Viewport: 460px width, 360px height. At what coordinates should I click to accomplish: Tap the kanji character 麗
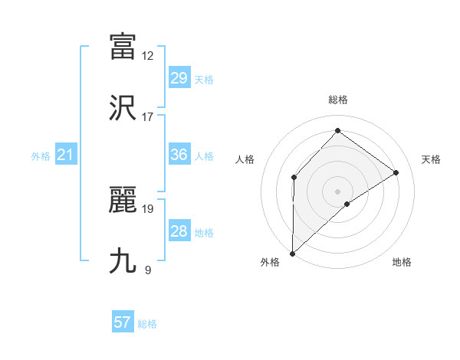point(123,198)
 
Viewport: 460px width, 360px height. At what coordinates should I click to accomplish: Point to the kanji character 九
point(123,260)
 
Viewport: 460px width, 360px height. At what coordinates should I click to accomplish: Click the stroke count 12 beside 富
point(148,55)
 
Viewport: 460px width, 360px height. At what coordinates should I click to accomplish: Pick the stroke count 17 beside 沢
point(148,117)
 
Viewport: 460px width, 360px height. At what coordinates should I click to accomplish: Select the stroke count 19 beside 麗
point(148,208)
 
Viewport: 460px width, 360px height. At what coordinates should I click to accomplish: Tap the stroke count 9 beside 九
point(148,270)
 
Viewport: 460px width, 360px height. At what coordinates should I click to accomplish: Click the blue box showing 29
point(179,78)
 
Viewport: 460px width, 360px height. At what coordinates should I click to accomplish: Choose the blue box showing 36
point(179,155)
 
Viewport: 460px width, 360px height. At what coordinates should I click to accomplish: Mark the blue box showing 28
point(179,231)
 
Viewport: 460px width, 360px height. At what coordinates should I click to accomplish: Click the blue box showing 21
point(66,155)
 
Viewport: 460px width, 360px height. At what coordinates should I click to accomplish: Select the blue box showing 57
point(123,322)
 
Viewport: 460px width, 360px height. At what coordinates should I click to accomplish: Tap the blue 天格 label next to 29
point(204,79)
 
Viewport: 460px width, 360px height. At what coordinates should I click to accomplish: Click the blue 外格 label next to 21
point(41,156)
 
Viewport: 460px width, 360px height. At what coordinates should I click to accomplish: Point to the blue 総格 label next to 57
point(147,324)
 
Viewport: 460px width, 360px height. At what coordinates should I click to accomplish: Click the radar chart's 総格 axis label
point(338,100)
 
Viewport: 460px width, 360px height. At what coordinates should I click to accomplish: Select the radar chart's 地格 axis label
point(402,263)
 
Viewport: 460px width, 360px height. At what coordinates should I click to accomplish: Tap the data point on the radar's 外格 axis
point(292,253)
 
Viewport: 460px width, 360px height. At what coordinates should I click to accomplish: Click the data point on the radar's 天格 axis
point(396,172)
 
